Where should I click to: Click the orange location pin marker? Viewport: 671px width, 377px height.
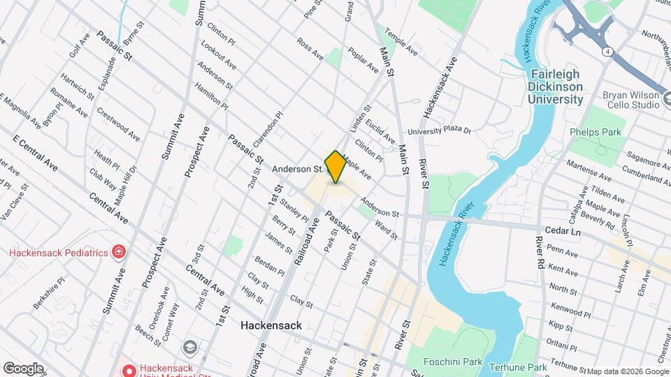[x=335, y=167]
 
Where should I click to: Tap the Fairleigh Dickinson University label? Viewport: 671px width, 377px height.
[x=556, y=87]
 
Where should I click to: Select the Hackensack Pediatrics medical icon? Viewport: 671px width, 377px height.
[x=120, y=252]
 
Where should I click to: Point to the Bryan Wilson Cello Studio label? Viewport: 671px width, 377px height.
[x=630, y=100]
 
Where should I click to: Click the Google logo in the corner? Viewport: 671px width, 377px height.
[x=22, y=368]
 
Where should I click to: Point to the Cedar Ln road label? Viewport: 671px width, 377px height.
[x=562, y=230]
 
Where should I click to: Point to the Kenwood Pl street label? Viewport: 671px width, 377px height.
[x=562, y=306]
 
